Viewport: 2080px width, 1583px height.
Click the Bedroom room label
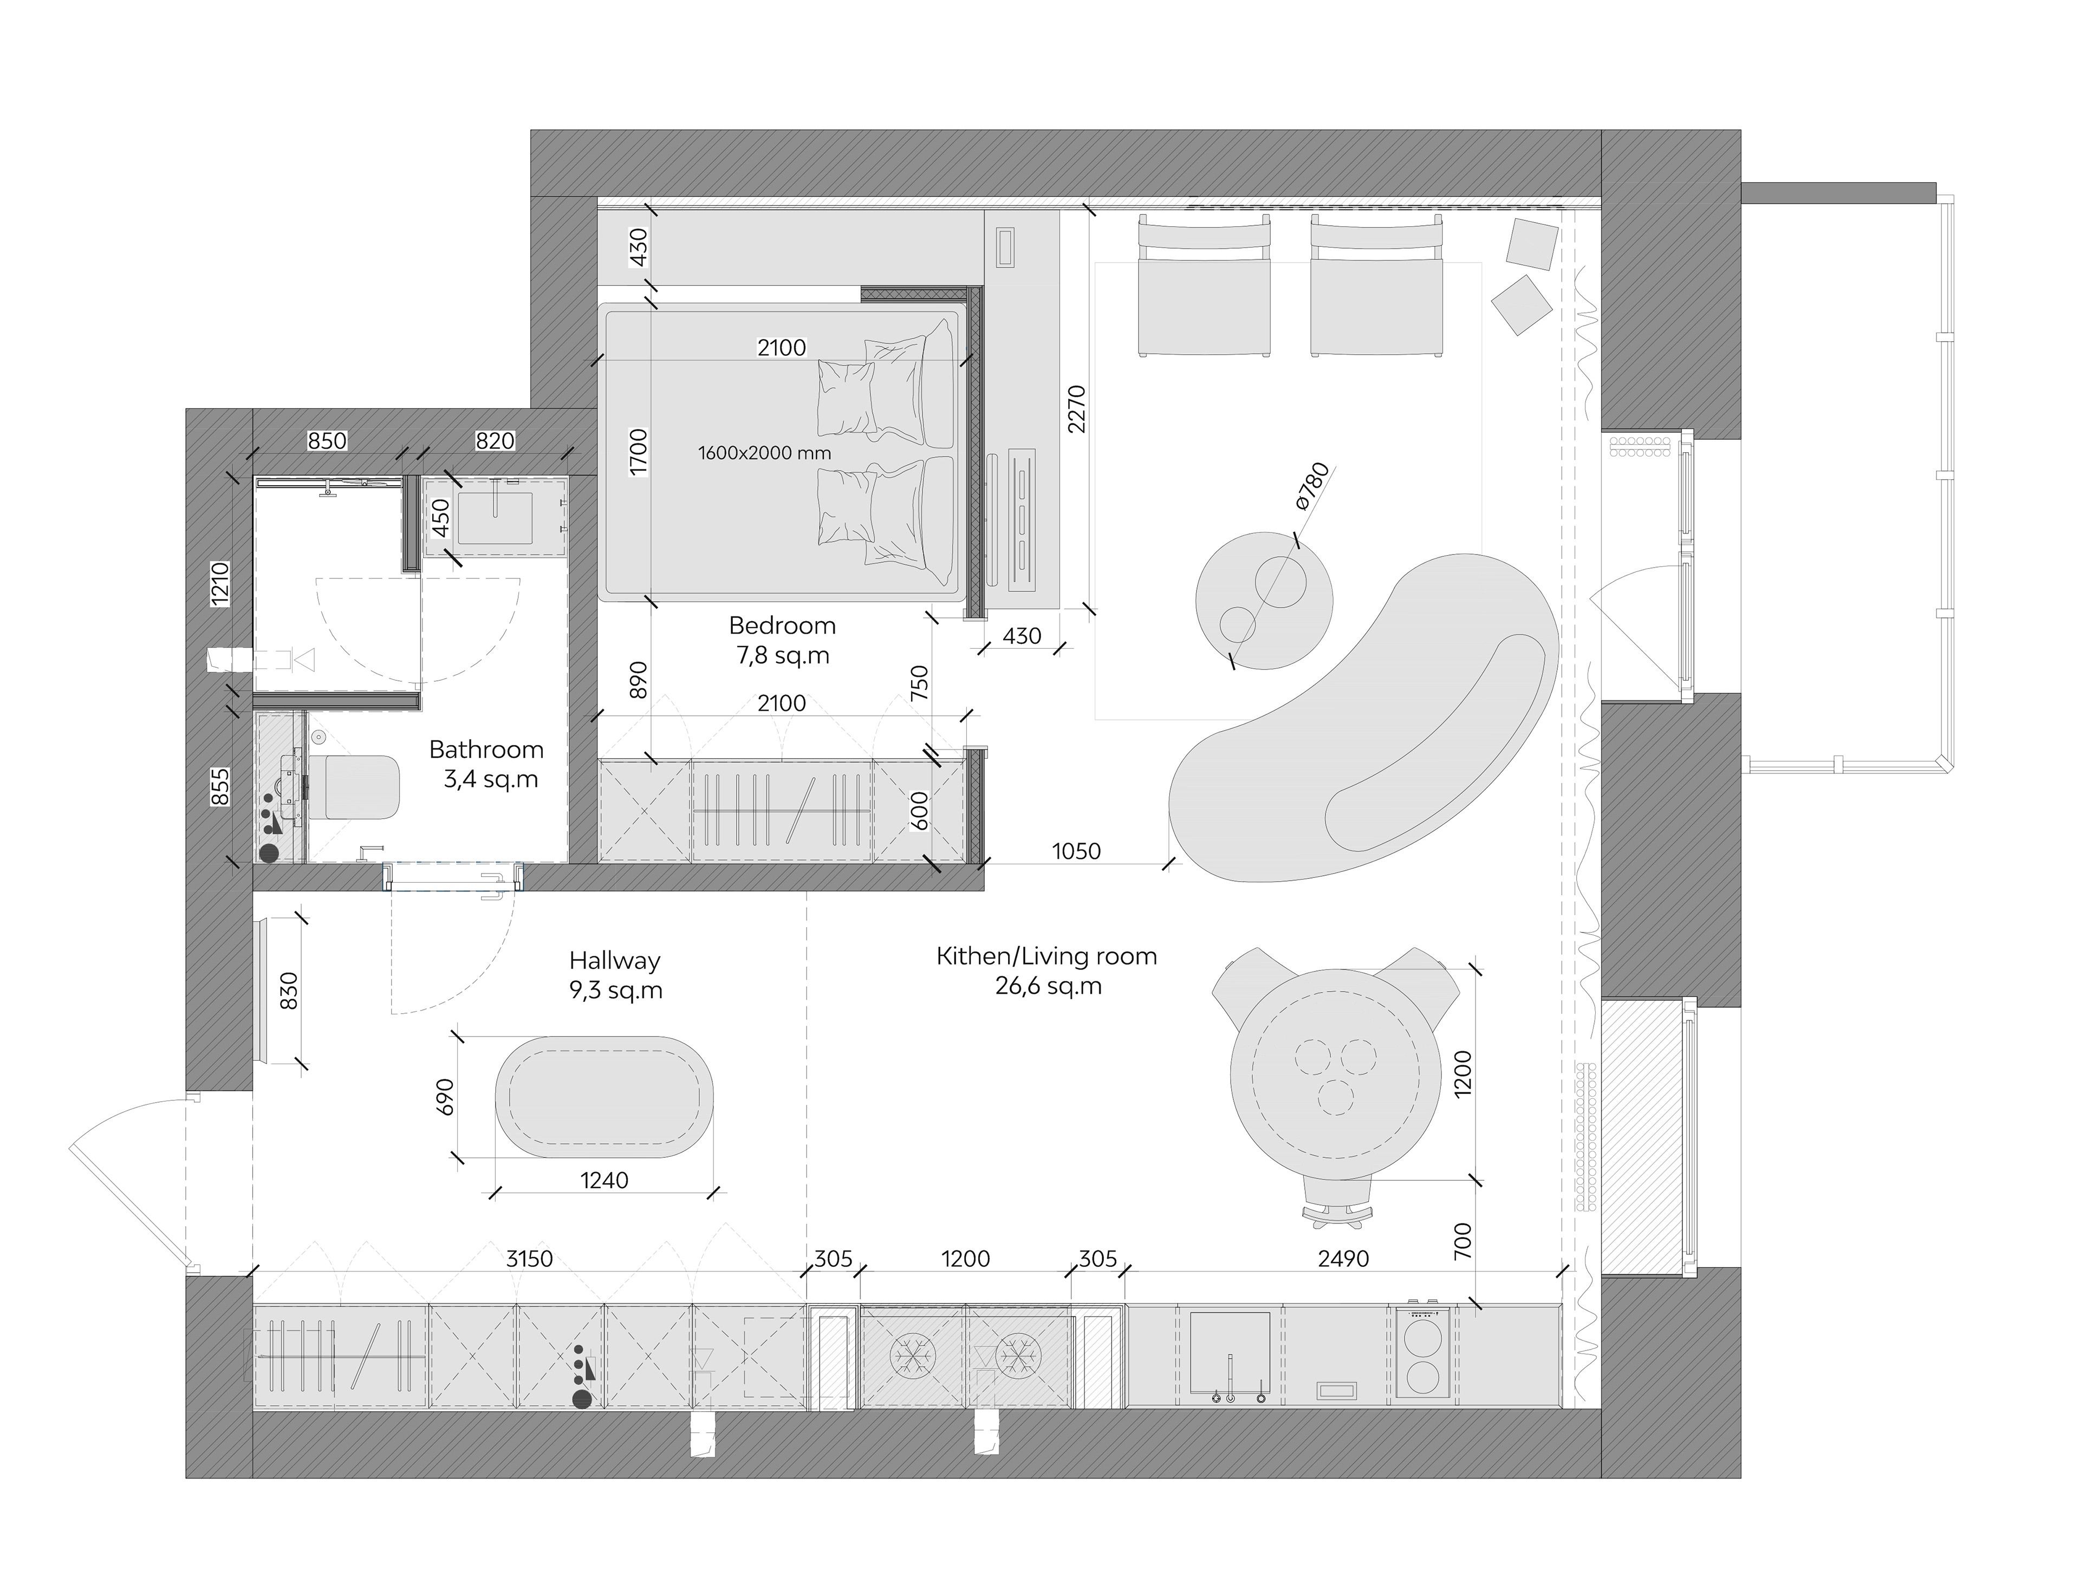(782, 626)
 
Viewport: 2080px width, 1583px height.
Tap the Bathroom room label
(486, 750)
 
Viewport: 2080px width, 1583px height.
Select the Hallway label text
(614, 961)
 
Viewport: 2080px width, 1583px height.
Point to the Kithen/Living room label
(1046, 956)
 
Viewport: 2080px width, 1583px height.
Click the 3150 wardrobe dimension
(530, 1259)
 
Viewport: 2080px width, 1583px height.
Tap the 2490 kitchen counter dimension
(1343, 1259)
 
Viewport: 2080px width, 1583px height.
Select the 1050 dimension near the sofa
(1076, 852)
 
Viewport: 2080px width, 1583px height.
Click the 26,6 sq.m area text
(1048, 987)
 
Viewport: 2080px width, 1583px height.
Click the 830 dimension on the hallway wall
(289, 991)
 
